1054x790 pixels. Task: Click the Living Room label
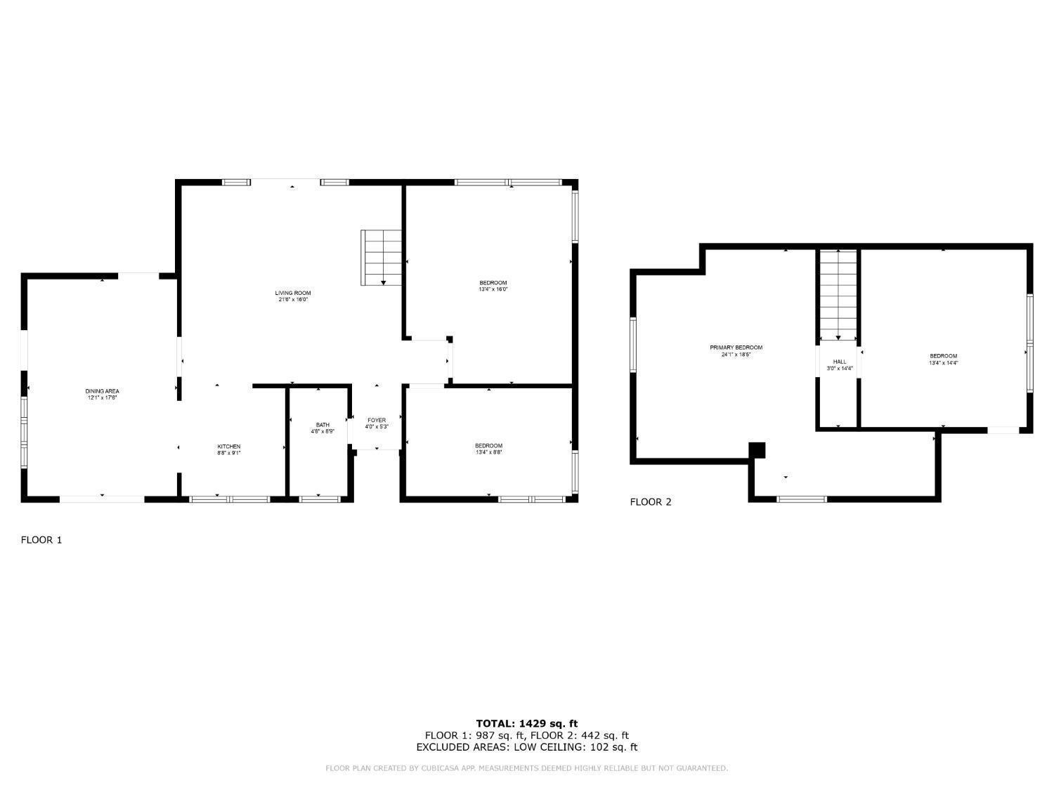[x=292, y=293]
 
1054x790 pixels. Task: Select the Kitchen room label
[x=228, y=447]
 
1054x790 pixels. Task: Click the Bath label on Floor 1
[x=323, y=425]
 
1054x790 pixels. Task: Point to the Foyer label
[x=377, y=420]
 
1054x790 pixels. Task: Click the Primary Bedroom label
[x=736, y=348]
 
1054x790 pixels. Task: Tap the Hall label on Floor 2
[x=839, y=362]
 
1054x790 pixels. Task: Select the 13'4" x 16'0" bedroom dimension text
[x=493, y=289]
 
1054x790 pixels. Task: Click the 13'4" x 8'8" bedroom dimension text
[x=488, y=452]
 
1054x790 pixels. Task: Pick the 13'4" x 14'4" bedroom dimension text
[x=943, y=363]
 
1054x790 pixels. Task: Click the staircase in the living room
[x=382, y=257]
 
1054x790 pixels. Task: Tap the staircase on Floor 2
[x=838, y=295]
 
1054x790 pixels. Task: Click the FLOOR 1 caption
[x=41, y=540]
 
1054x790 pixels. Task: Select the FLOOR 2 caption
[x=651, y=502]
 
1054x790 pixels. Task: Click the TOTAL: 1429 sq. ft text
[x=527, y=723]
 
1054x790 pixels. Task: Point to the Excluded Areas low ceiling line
[x=527, y=747]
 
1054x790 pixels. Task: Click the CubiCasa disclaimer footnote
[x=527, y=768]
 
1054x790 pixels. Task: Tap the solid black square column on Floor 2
[x=757, y=449]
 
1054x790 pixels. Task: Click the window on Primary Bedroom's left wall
[x=633, y=344]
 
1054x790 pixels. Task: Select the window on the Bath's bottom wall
[x=319, y=499]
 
